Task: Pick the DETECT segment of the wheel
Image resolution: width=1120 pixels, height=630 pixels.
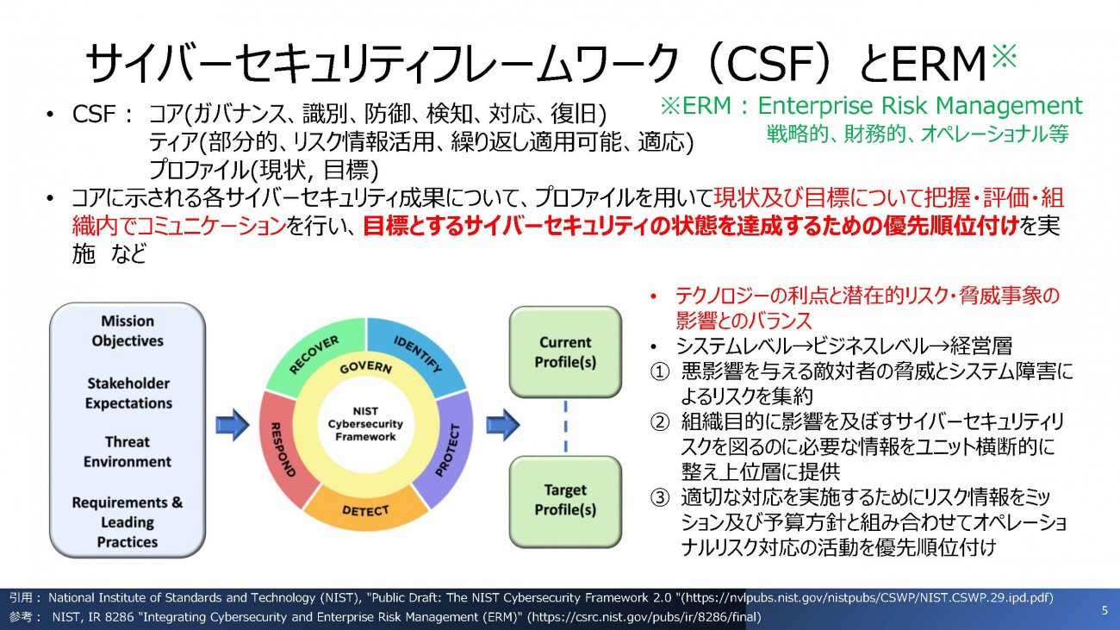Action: point(365,511)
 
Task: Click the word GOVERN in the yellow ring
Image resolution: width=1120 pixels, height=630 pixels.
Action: point(366,368)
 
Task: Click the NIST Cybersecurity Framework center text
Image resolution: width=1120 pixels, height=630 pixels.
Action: point(366,424)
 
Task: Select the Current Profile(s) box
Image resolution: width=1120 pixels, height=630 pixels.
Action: point(565,352)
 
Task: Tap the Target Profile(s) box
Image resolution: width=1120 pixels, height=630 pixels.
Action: point(565,500)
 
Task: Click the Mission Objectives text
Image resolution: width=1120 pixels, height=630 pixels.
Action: point(128,331)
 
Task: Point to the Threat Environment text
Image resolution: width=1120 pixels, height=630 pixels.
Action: point(128,452)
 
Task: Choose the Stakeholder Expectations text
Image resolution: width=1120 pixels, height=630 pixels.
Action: point(128,393)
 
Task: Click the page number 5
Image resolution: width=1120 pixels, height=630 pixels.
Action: point(1104,610)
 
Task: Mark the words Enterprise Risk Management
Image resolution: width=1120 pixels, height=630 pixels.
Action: point(919,105)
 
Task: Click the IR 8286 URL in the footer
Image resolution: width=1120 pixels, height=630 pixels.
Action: point(644,617)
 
